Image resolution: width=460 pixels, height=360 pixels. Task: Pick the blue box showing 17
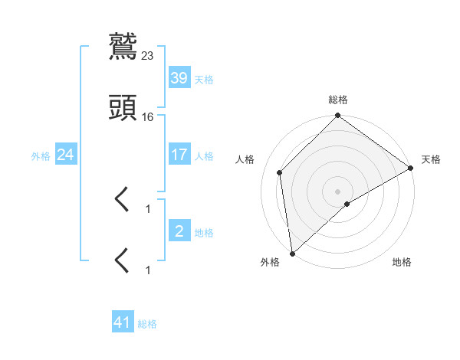click(179, 155)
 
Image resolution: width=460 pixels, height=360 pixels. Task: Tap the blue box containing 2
click(179, 231)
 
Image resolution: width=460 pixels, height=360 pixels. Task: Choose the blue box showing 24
click(66, 155)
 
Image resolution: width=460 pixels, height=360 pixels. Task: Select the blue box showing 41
click(123, 322)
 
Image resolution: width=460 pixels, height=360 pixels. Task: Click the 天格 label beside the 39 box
click(204, 79)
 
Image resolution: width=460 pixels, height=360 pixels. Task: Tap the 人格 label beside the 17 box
click(204, 156)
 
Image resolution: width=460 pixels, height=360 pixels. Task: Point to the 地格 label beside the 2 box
click(204, 232)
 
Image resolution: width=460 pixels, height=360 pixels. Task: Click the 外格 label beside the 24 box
click(41, 156)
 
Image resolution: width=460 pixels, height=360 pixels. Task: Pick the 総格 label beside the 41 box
click(147, 324)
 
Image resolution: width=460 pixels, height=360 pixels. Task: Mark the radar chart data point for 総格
click(337, 116)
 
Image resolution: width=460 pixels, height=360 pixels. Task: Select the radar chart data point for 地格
click(347, 204)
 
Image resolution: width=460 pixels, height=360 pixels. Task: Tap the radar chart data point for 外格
click(292, 254)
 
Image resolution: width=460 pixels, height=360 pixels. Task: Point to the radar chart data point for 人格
click(280, 172)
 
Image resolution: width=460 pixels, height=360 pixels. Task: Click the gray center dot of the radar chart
click(337, 191)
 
